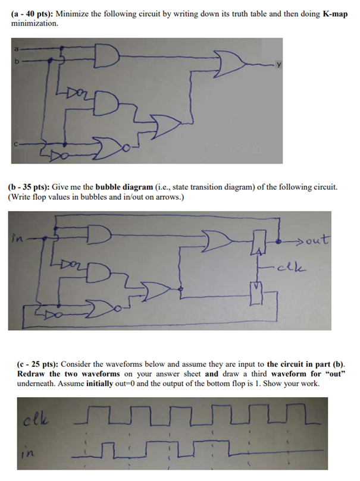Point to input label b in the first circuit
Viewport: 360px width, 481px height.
coord(17,60)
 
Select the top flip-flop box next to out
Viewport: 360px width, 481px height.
coord(258,243)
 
